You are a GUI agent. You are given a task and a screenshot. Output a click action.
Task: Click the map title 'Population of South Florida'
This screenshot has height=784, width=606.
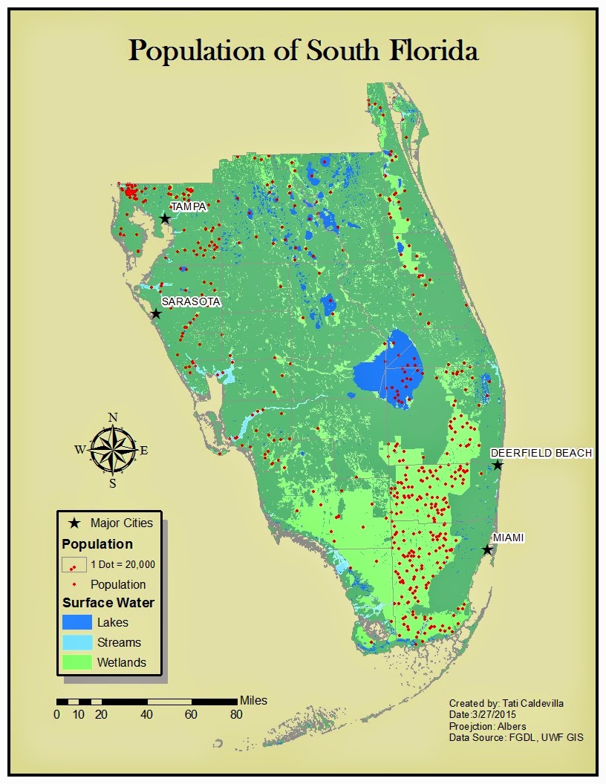tap(303, 50)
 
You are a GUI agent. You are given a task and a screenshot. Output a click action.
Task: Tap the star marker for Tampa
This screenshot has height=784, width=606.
tap(165, 219)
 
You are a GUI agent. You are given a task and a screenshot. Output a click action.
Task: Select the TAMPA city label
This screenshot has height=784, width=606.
tap(188, 206)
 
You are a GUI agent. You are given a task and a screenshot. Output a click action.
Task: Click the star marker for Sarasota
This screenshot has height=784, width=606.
tap(156, 313)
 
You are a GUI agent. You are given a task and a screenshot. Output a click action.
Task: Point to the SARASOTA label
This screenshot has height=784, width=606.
tap(191, 301)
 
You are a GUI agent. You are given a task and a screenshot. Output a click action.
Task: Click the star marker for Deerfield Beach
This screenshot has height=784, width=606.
tap(498, 465)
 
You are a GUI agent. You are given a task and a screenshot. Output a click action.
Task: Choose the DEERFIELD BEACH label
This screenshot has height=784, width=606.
tap(541, 453)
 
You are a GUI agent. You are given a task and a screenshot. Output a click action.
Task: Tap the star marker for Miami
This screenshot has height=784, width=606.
tap(486, 550)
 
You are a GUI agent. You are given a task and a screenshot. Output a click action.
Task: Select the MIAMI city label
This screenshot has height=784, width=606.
tap(509, 538)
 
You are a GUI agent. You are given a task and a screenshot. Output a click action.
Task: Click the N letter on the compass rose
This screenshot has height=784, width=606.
tap(113, 417)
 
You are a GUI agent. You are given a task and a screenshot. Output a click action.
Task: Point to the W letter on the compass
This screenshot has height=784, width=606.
tap(79, 449)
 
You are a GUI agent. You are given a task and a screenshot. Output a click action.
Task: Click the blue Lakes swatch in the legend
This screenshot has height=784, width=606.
tap(77, 622)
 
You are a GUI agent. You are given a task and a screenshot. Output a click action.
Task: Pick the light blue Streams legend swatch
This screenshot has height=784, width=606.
tap(77, 642)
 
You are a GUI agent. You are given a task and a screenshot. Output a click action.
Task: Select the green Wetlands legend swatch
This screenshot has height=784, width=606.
tap(77, 662)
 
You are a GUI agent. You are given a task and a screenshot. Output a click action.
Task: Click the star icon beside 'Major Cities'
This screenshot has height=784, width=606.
tap(74, 523)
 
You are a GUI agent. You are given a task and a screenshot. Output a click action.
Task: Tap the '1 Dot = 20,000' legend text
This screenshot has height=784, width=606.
tap(123, 564)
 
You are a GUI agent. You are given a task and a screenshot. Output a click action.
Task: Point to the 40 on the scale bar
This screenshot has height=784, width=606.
tap(147, 714)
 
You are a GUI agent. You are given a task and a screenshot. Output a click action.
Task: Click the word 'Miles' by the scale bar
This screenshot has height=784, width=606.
tap(253, 700)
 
